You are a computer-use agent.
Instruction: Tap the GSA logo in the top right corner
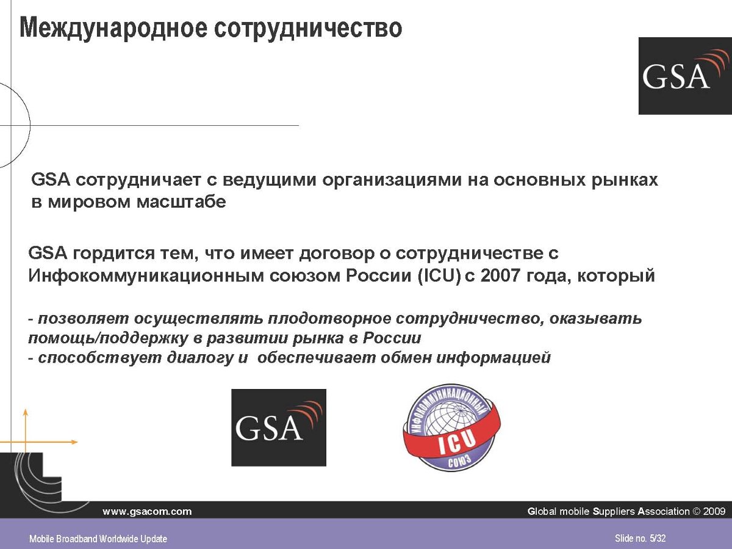point(685,76)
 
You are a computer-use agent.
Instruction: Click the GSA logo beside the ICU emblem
point(279,427)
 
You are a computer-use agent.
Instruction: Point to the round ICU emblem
point(452,427)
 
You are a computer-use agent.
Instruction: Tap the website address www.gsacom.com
point(147,511)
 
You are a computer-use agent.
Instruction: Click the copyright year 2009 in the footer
point(714,511)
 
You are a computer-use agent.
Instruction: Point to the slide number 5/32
point(658,539)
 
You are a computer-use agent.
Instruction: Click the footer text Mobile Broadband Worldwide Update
point(98,539)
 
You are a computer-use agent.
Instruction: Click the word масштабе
point(181,202)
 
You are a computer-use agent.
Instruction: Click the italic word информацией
point(493,358)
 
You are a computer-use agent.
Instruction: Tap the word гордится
point(113,254)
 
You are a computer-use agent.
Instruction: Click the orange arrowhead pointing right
point(74,442)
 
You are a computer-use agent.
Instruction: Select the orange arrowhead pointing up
point(26,412)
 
